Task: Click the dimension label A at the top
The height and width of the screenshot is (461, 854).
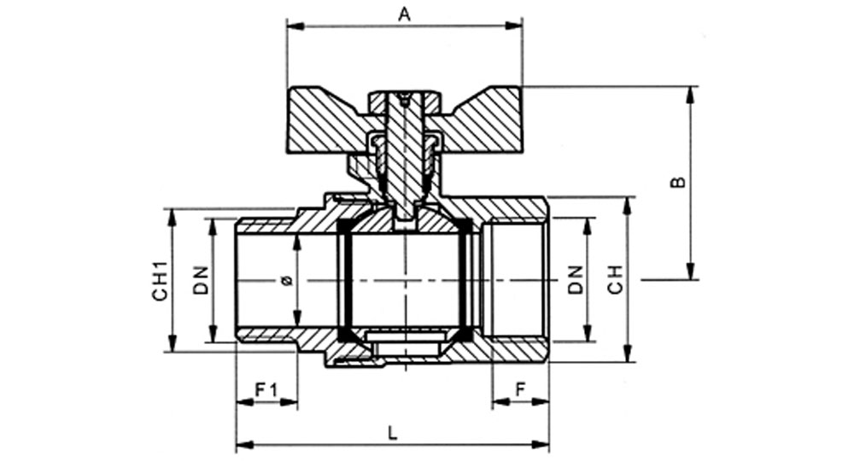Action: (x=404, y=15)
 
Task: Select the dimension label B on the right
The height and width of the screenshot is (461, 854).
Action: (x=677, y=182)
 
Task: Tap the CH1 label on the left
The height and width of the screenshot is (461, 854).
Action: (x=161, y=280)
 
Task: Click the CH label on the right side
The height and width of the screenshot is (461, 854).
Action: (x=615, y=280)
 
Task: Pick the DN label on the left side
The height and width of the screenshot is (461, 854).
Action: (x=201, y=280)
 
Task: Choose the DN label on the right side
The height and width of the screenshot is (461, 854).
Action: (x=575, y=280)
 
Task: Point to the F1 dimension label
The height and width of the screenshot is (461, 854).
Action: (x=266, y=389)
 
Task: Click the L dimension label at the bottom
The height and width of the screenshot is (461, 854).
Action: (x=392, y=433)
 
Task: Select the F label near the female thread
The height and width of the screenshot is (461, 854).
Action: (x=521, y=389)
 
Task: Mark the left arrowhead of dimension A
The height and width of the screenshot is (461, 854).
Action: (x=295, y=26)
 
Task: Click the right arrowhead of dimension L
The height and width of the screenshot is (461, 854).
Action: (x=541, y=445)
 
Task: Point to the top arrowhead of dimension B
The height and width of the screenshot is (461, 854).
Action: (x=691, y=95)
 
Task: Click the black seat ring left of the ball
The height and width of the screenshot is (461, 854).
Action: (x=343, y=280)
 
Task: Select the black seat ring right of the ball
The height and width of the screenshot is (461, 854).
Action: (x=465, y=280)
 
